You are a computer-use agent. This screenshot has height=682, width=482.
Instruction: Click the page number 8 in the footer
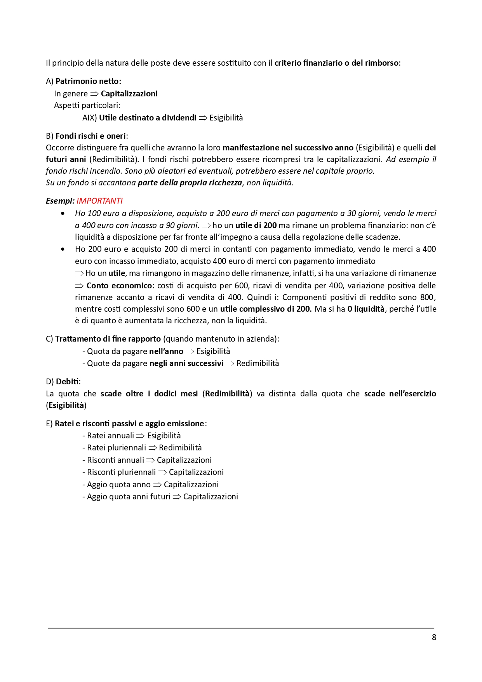pyautogui.click(x=434, y=637)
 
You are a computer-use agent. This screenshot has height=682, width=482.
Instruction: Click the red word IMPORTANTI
pyautogui.click(x=99, y=201)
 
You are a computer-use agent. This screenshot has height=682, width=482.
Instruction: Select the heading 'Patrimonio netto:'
pyautogui.click(x=88, y=81)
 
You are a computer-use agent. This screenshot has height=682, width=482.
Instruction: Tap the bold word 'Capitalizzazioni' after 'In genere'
pyautogui.click(x=129, y=94)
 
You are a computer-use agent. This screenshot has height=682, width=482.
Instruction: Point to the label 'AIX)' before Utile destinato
pyautogui.click(x=89, y=118)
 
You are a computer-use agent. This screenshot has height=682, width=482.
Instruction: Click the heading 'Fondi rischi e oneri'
pyautogui.click(x=90, y=136)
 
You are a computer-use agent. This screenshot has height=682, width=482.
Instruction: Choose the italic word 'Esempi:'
pyautogui.click(x=60, y=201)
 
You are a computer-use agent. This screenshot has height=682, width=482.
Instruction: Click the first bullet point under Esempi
pyautogui.click(x=63, y=213)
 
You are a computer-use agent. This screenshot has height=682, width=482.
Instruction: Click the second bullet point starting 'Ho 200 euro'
pyautogui.click(x=63, y=249)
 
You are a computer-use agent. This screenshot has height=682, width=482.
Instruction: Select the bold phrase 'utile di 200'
pyautogui.click(x=256, y=225)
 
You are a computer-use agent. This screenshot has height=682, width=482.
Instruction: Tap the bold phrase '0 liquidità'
pyautogui.click(x=366, y=309)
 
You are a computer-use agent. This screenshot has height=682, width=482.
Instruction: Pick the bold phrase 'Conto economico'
pyautogui.click(x=119, y=286)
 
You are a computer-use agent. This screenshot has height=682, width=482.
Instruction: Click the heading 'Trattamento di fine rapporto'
pyautogui.click(x=108, y=339)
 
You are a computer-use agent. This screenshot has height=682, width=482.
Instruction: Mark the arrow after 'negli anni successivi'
pyautogui.click(x=230, y=364)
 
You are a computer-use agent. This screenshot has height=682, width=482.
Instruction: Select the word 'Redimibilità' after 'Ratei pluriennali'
pyautogui.click(x=180, y=448)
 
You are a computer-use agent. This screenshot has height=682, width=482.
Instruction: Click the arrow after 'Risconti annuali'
pyautogui.click(x=150, y=460)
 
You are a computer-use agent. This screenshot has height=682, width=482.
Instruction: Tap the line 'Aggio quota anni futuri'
pyautogui.click(x=129, y=497)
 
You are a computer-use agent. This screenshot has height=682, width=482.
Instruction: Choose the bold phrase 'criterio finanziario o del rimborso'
pyautogui.click(x=336, y=63)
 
